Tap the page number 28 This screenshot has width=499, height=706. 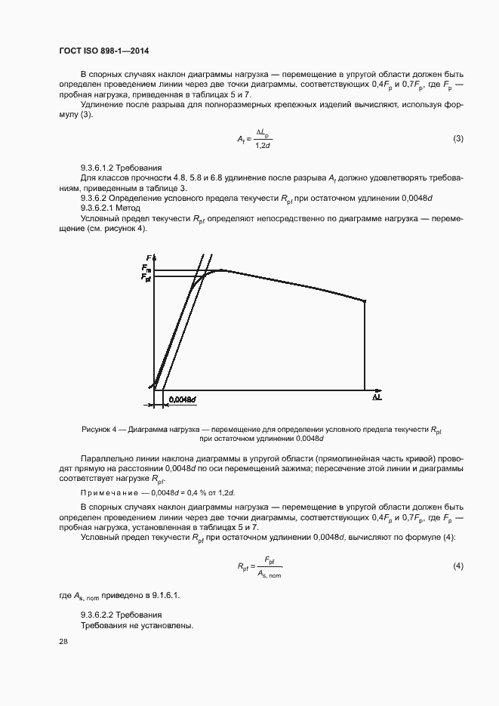pos(63,641)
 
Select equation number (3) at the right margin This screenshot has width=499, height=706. pos(457,138)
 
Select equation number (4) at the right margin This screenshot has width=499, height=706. pos(457,566)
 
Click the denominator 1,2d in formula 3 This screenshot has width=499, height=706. pos(263,144)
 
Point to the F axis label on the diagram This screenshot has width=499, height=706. pos(149,259)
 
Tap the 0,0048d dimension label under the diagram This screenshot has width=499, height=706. pos(183,398)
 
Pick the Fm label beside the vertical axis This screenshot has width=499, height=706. pos(145,269)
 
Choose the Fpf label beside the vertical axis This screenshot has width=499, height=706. pos(145,278)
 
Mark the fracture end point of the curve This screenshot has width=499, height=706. pos(366,301)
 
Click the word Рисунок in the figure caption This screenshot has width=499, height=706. pos(97,430)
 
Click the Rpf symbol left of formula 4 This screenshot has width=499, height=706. pos(242,566)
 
